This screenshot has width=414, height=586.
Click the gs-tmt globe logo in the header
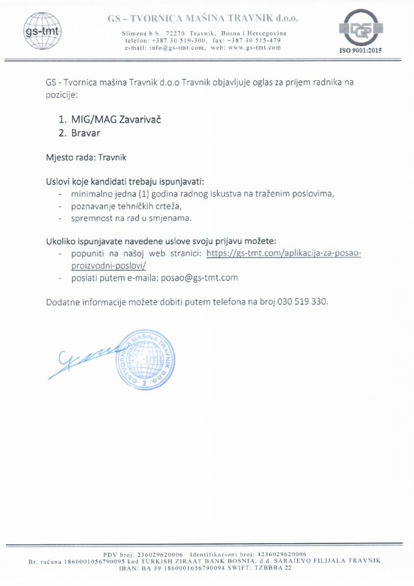tap(42, 30)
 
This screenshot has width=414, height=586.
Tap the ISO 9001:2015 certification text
tap(360, 50)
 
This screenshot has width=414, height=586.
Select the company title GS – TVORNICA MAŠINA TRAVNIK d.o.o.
tap(203, 19)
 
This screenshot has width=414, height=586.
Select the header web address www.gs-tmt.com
tap(254, 47)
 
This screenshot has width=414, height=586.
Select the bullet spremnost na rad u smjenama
tap(131, 219)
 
